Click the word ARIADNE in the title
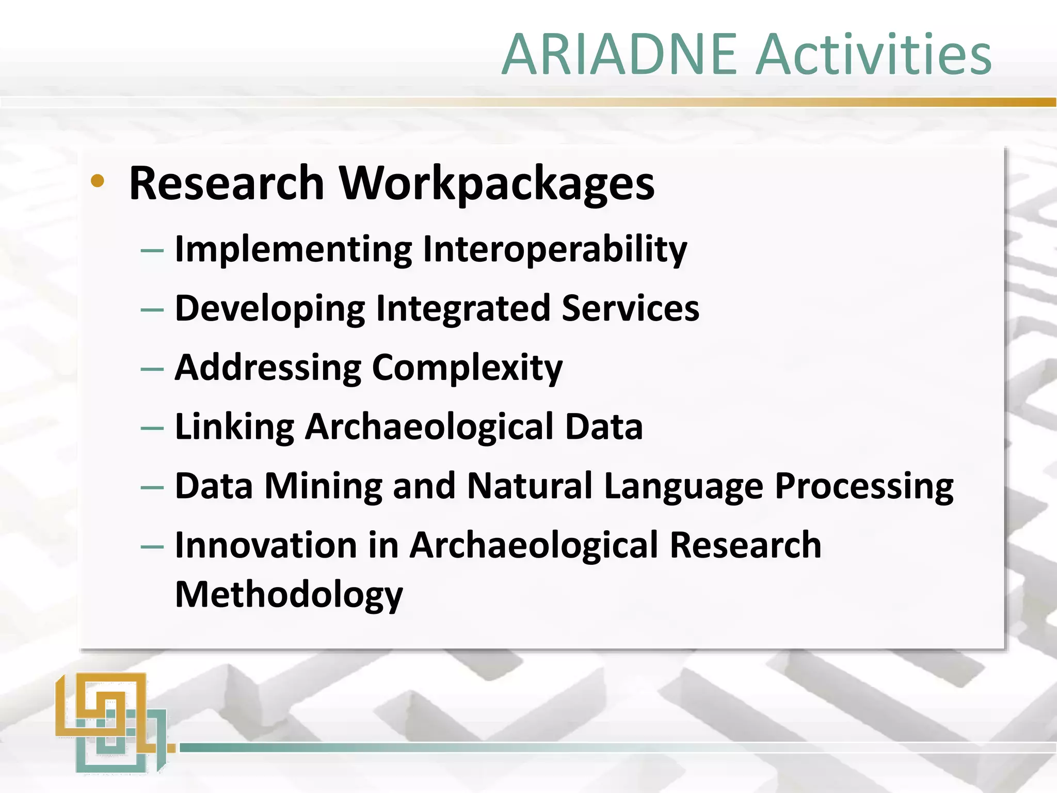click(619, 55)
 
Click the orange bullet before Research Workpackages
click(97, 181)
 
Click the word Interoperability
click(555, 250)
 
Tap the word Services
click(630, 308)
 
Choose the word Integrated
click(463, 308)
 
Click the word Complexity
click(467, 369)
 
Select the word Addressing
click(268, 369)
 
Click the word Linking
click(234, 427)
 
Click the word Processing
click(864, 487)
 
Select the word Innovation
click(266, 545)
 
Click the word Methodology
click(289, 595)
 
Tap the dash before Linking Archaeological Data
click(152, 429)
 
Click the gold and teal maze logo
click(111, 723)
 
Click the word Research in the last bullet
click(745, 545)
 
